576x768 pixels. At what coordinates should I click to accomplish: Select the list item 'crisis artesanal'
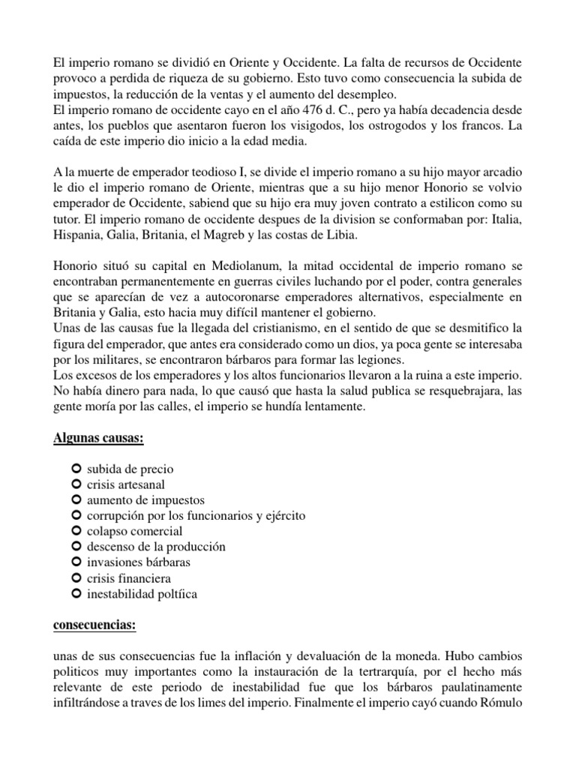tap(126, 484)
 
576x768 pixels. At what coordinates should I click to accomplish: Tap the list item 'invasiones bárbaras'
tap(139, 562)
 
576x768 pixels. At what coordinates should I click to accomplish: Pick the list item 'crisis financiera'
tap(129, 578)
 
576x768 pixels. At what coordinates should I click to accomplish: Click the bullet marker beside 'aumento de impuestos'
tap(76, 499)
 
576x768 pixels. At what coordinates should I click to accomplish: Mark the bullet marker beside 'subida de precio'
tap(76, 468)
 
